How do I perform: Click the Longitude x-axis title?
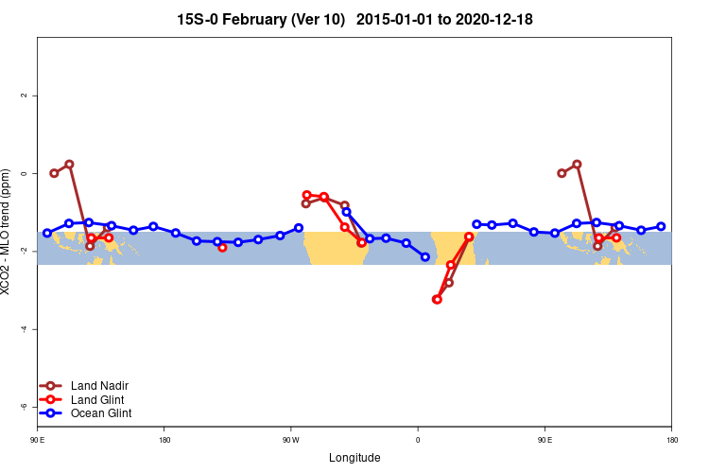click(x=354, y=458)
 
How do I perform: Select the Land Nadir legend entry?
click(x=99, y=385)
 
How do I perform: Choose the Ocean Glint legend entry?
click(x=101, y=413)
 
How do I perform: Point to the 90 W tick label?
click(x=290, y=440)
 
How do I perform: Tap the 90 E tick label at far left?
click(x=37, y=440)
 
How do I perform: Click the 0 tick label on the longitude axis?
click(x=418, y=440)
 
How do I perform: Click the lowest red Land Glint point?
click(x=437, y=299)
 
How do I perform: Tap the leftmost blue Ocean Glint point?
click(x=47, y=233)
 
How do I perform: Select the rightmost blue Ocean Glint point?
click(x=661, y=227)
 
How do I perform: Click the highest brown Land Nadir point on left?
click(x=69, y=164)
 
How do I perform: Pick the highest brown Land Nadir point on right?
click(x=577, y=164)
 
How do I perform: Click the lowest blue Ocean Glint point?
click(x=424, y=257)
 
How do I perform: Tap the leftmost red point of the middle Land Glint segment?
click(x=306, y=195)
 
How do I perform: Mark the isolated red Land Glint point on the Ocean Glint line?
click(x=222, y=247)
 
